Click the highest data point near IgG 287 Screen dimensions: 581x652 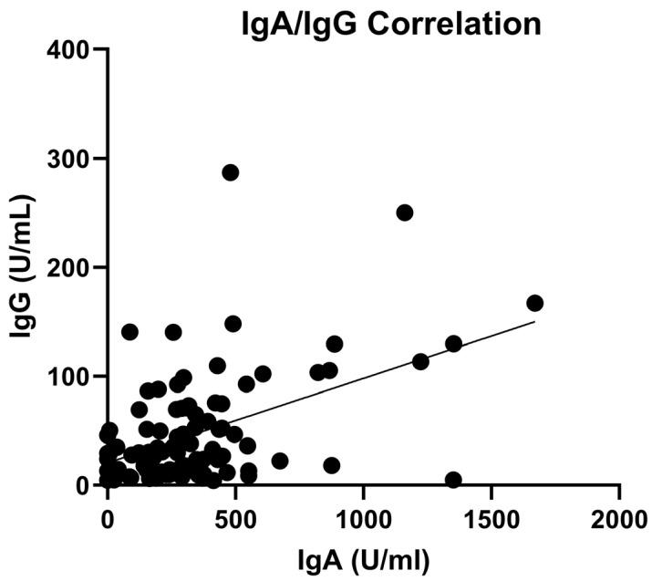coord(231,172)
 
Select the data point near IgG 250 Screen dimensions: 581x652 coord(405,213)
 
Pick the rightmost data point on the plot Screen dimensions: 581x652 coord(535,303)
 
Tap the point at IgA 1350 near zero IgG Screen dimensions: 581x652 coord(453,480)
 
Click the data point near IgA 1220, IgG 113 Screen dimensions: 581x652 coord(420,361)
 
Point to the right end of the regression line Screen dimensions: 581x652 coord(534,321)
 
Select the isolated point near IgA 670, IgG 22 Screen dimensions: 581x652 coord(280,461)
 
